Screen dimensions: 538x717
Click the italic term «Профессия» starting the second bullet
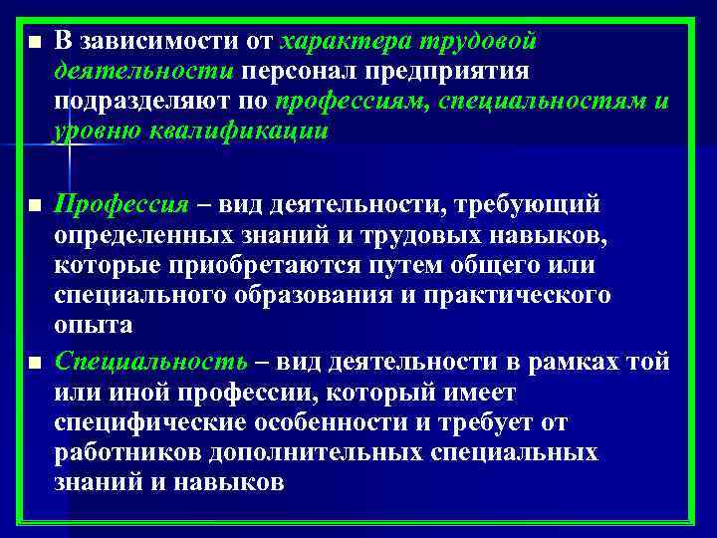point(121,205)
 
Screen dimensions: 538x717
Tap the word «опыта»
point(94,326)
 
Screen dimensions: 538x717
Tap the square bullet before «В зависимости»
point(35,43)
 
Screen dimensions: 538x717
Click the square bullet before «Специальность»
point(35,363)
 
